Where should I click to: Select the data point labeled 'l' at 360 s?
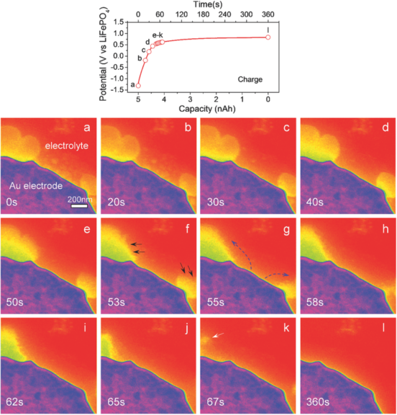coord(268,37)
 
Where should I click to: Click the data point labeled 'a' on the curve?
coord(138,85)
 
